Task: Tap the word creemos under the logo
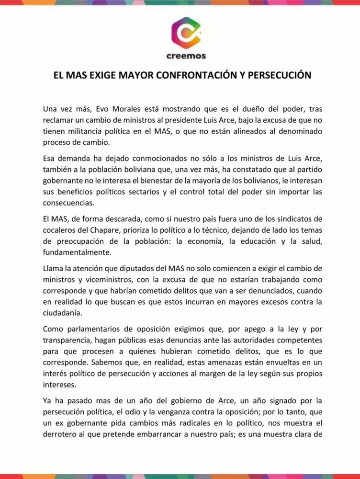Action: point(186,56)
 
